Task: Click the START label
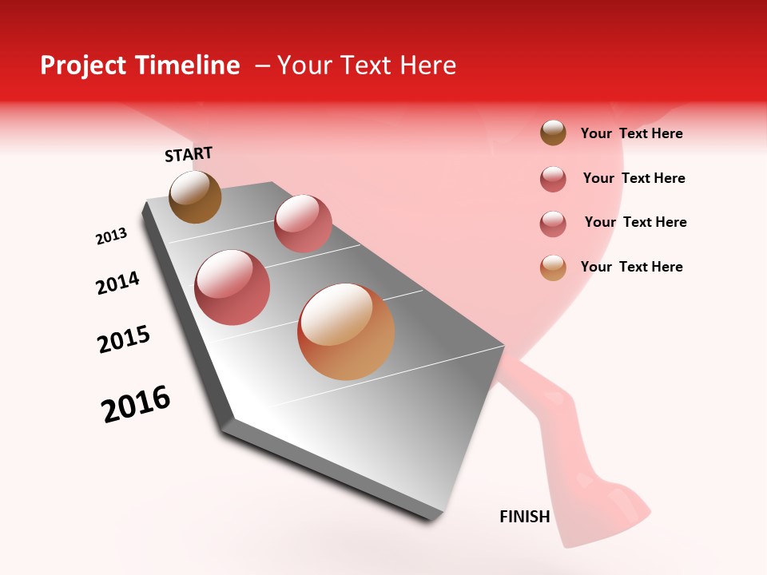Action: [189, 154]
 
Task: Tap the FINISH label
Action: [524, 517]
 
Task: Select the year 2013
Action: [111, 236]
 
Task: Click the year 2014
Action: [117, 283]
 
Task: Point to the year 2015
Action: [124, 339]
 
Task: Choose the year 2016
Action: [136, 404]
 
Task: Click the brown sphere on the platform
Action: [195, 196]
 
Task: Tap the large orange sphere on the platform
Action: [346, 331]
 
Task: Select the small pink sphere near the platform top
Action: [303, 223]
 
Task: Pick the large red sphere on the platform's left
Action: [232, 287]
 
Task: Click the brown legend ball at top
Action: [553, 133]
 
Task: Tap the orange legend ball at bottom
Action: [553, 268]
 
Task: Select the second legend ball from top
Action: [553, 179]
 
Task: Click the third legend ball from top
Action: [553, 224]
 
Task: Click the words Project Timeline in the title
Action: [140, 65]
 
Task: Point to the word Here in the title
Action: [427, 65]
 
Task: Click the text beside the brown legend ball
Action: [631, 133]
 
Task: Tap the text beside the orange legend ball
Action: [631, 267]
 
